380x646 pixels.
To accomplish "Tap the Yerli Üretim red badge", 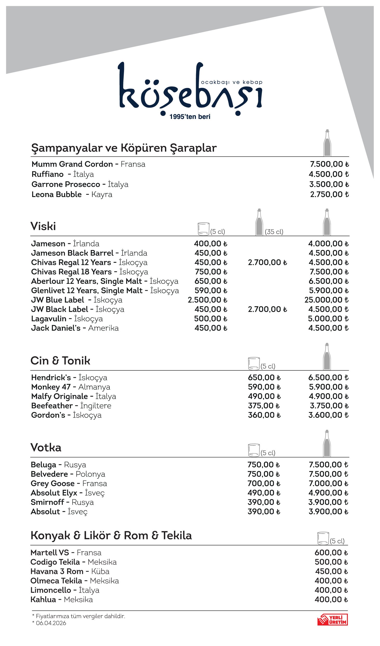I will click(x=333, y=620).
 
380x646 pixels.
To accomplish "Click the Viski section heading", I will click(x=43, y=226).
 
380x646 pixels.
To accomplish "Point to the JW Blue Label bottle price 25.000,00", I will click(x=326, y=300).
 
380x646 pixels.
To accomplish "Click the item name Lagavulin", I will click(x=49, y=319).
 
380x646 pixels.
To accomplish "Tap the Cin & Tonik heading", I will click(x=60, y=361).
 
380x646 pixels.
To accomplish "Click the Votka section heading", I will click(x=46, y=447).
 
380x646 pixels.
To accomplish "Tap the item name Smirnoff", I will click(x=47, y=502).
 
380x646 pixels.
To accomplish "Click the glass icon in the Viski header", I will click(x=203, y=229).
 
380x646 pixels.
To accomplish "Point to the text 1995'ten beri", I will click(x=190, y=117).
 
